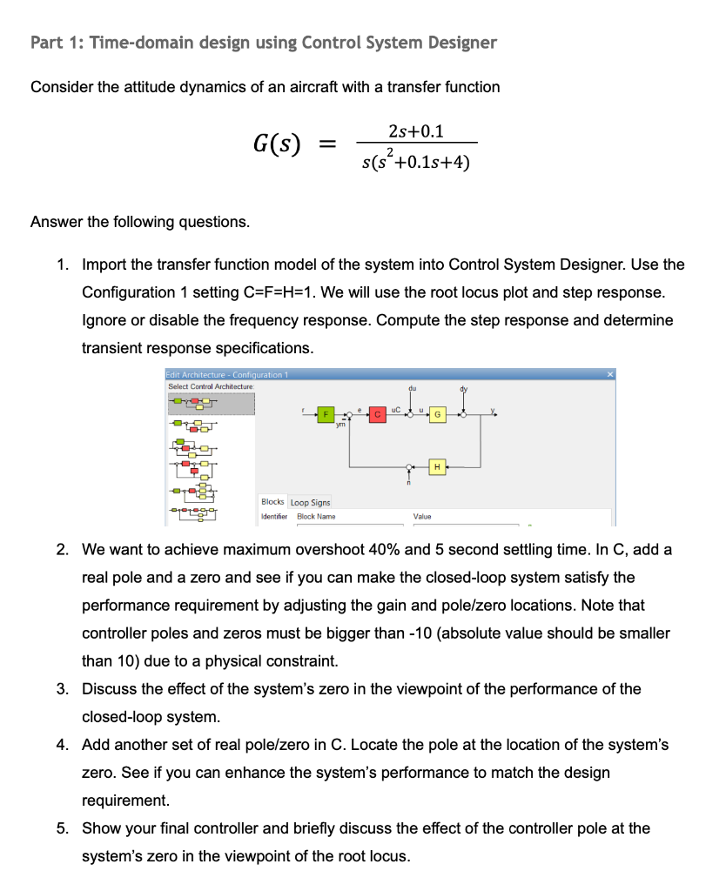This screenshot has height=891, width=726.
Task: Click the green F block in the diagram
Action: point(326,415)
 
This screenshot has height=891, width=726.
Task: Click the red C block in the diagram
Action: point(378,415)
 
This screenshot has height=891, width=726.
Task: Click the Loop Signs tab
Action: point(311,502)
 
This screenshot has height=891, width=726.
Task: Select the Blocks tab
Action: point(272,502)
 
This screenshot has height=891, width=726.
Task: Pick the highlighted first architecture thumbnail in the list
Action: point(210,403)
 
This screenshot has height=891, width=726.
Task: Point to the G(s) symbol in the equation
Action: point(277,144)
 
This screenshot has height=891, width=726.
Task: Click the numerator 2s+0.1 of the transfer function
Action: point(415,131)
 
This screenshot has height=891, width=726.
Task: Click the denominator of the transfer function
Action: point(415,161)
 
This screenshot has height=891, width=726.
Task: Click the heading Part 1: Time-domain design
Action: point(263,43)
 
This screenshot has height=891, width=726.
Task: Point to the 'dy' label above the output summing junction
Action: point(463,389)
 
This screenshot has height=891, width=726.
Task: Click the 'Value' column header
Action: point(421,517)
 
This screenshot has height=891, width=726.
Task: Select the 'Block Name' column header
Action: point(316,517)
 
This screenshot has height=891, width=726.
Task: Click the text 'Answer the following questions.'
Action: point(140,222)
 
